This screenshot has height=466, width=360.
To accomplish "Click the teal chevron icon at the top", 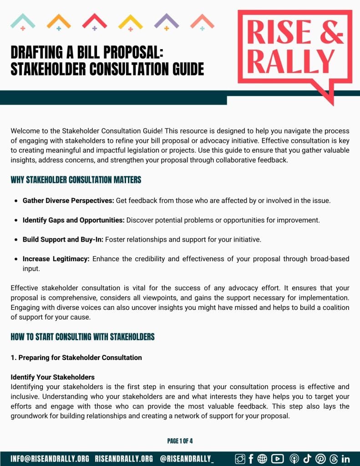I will (23, 20).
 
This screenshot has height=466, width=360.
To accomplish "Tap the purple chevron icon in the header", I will (166, 20).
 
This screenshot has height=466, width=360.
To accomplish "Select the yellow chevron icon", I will (131, 20).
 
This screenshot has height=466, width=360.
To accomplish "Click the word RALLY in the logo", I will (292, 62).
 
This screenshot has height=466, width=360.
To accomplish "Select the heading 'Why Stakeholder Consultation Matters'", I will (76, 180).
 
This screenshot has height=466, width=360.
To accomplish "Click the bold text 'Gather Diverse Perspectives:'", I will (68, 200).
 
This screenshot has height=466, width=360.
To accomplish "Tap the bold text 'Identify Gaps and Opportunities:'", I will (73, 220).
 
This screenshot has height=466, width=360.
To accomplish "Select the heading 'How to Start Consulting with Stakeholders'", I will (82, 337).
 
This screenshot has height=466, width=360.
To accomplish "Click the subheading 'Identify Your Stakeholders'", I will (52, 377).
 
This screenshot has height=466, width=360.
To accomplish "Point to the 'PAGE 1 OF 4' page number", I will (180, 441).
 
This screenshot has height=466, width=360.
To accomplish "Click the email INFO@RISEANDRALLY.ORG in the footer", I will (50, 459).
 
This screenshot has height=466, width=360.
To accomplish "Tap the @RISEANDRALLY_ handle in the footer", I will (187, 459).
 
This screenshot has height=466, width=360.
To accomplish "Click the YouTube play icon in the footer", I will (277, 459).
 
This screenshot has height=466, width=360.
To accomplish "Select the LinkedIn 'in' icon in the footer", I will (345, 459).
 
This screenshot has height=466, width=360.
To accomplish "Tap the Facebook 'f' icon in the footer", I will (251, 459).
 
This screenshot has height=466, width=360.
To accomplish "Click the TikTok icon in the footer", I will (307, 459).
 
